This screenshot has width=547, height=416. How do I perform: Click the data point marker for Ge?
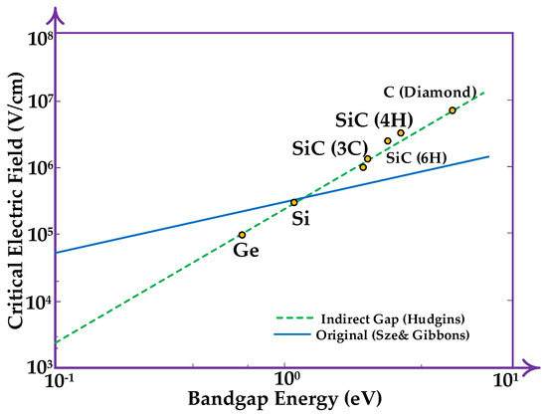click(x=242, y=235)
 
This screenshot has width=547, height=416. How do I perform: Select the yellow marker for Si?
click(x=293, y=202)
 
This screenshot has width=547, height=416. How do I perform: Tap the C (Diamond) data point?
click(x=453, y=110)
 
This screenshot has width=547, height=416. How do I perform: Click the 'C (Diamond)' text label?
click(x=431, y=92)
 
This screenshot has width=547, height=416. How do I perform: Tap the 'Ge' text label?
click(x=246, y=251)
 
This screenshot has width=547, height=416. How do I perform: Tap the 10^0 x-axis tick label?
click(x=286, y=380)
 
